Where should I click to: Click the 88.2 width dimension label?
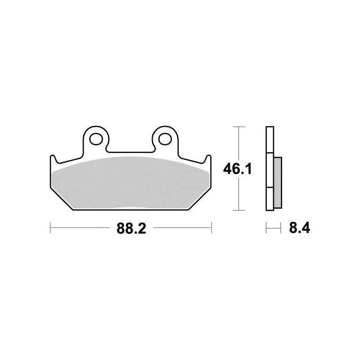click(131, 229)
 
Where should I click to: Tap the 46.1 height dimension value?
click(238, 169)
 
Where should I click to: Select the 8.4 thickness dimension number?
click(300, 228)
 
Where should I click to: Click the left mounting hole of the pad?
click(96, 139)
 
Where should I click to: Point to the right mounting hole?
click(165, 139)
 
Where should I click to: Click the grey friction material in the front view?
click(130, 183)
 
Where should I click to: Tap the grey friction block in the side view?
click(278, 183)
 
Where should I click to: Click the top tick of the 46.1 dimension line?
click(239, 127)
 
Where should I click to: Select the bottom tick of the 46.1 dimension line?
click(239, 210)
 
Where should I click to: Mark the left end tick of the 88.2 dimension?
click(50, 228)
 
